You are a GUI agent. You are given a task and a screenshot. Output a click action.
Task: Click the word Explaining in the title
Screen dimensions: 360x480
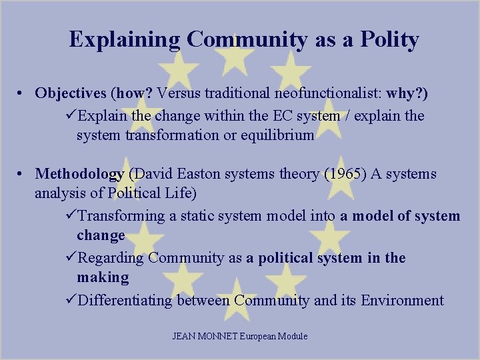pyautogui.click(x=125, y=39)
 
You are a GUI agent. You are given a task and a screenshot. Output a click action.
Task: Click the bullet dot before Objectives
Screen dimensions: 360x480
pyautogui.click(x=22, y=94)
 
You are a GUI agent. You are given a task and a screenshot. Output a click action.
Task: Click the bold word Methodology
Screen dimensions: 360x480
pyautogui.click(x=79, y=175)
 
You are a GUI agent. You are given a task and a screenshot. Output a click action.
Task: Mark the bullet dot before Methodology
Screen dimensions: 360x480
pyautogui.click(x=22, y=175)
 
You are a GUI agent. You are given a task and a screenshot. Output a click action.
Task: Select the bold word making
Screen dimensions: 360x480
pyautogui.click(x=103, y=277)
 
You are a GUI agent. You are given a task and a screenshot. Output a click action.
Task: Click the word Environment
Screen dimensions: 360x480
pyautogui.click(x=402, y=300)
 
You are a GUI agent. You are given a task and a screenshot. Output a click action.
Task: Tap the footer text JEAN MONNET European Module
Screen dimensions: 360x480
pyautogui.click(x=240, y=336)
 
